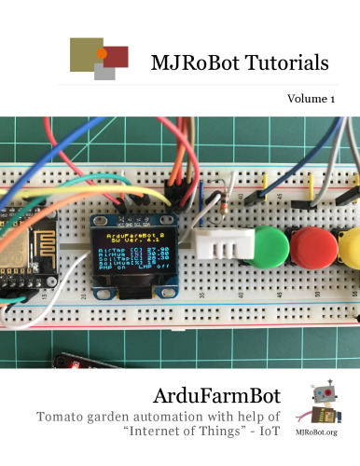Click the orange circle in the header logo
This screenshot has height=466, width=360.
pos(102,53)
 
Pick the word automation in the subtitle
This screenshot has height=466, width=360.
pos(212,416)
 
